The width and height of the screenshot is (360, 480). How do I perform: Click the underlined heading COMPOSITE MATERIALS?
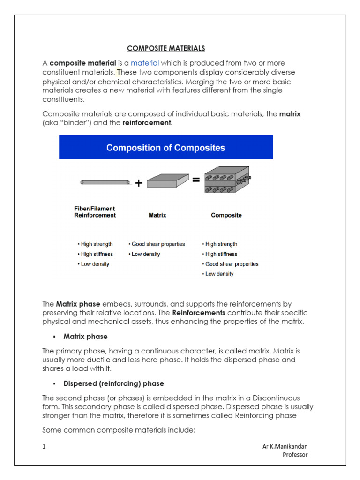click(x=166, y=48)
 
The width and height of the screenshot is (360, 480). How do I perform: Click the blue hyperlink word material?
click(x=145, y=63)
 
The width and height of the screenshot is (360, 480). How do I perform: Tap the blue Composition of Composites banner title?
click(x=165, y=148)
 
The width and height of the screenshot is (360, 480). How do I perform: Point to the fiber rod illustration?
click(x=105, y=182)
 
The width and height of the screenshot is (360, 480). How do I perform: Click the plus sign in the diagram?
click(x=139, y=183)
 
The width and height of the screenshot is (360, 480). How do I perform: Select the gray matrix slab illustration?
click(x=168, y=180)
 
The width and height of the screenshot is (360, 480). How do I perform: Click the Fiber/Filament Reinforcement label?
click(x=95, y=212)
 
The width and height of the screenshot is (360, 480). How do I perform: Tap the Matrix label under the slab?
click(x=157, y=215)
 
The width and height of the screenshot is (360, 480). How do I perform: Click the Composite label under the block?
click(x=226, y=215)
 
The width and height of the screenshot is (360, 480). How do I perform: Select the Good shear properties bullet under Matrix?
click(x=157, y=244)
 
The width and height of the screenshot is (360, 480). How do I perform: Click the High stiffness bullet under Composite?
click(x=220, y=254)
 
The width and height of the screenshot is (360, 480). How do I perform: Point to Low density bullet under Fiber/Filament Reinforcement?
click(x=93, y=264)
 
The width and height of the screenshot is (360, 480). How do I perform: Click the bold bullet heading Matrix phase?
click(x=85, y=337)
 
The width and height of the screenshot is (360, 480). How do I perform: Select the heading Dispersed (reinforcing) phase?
click(x=113, y=383)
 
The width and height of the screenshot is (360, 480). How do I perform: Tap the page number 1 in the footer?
click(x=44, y=447)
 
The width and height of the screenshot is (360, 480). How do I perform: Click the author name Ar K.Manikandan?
click(x=285, y=446)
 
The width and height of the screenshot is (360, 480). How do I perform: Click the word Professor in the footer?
click(x=295, y=455)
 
